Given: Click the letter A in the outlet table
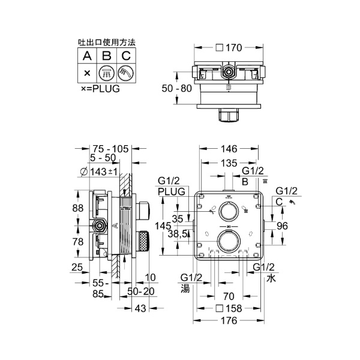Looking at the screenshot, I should pos(87,56).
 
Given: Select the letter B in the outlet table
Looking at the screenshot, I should pos(106,56).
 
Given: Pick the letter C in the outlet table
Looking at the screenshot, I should pos(125,56).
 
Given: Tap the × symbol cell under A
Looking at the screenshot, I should pos(87,74).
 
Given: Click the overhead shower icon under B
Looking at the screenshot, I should pos(106,74).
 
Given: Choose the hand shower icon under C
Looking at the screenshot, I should pos(125,74).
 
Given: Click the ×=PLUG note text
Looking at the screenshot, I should pos(100,88).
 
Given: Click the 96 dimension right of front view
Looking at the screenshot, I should pos(282,227).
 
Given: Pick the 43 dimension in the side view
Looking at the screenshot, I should pos(139,308).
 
